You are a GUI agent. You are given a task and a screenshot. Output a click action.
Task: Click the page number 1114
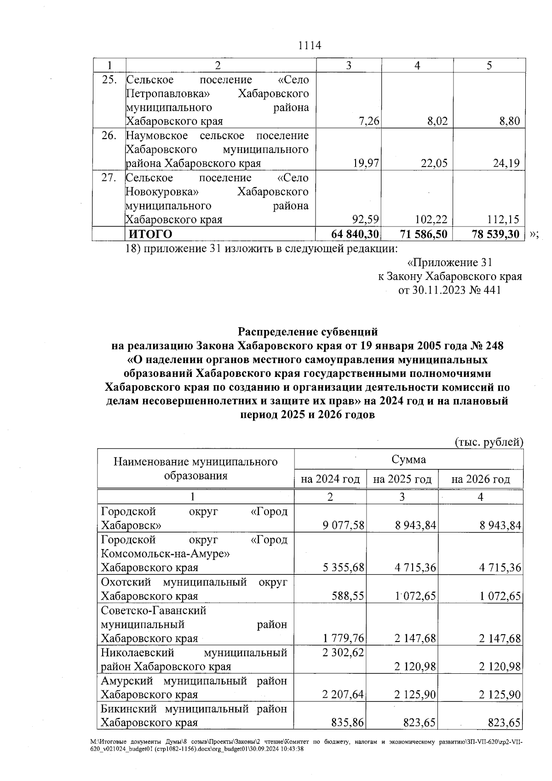309,46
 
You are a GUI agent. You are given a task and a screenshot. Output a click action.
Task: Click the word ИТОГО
150,234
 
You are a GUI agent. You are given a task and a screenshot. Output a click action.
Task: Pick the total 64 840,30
355,234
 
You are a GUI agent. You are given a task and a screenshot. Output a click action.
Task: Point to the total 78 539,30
495,234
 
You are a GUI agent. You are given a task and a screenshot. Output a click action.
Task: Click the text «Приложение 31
449,262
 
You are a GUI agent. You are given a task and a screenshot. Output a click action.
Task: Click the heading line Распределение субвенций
307,331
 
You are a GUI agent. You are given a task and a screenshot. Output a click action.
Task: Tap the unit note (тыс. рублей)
489,442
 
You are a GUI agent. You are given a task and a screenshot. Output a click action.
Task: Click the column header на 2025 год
402,480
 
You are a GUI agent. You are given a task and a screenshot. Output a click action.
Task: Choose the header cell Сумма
408,459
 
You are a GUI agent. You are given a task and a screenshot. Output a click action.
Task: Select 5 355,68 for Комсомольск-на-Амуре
343,567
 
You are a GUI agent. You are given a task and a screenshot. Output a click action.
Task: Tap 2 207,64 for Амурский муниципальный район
343,694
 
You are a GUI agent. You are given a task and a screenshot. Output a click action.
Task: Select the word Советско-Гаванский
153,611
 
